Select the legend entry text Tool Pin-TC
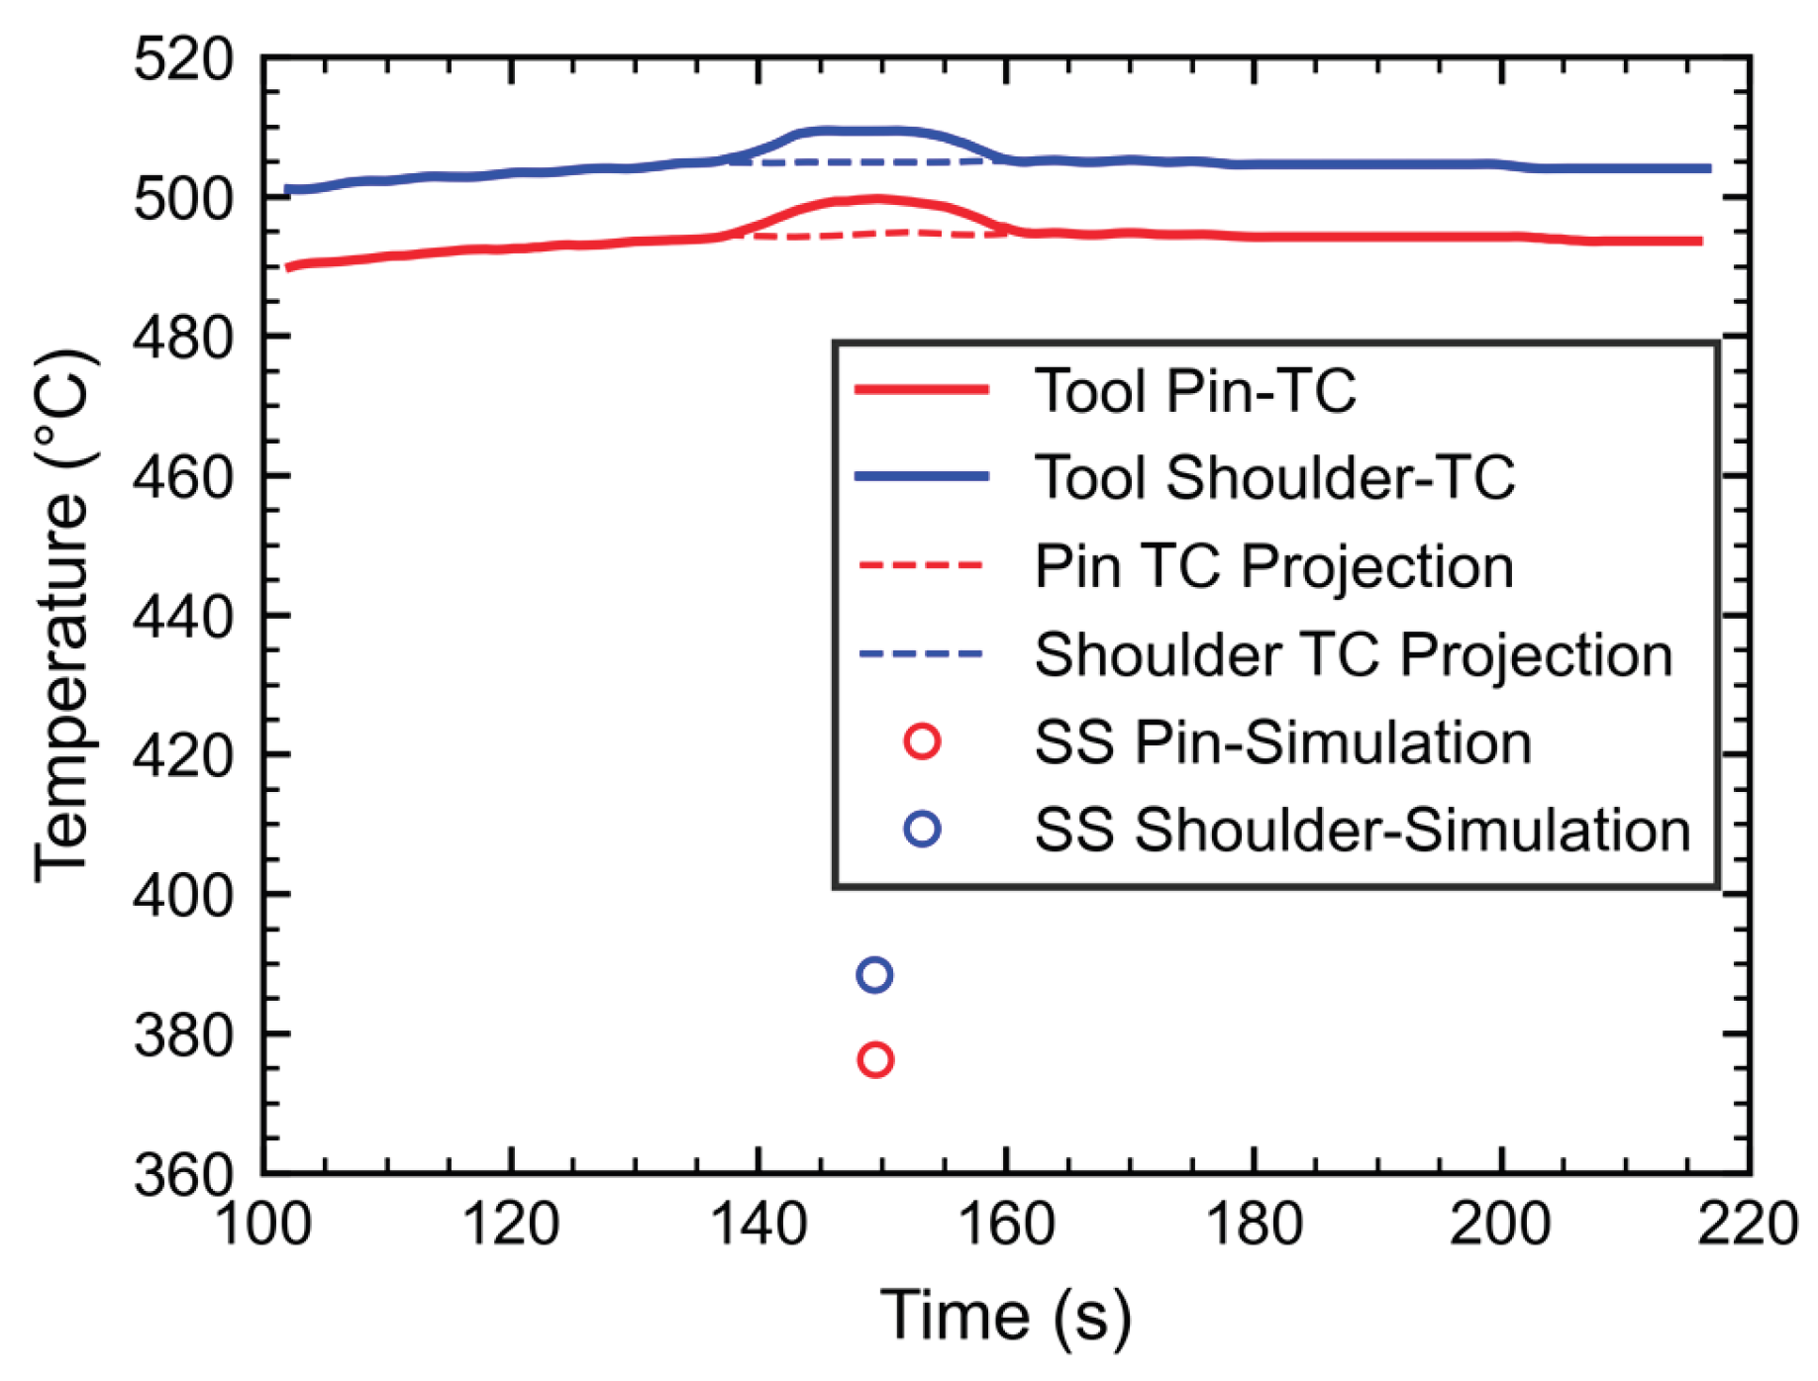pyautogui.click(x=1194, y=390)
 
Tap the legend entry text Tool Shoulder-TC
pyautogui.click(x=1274, y=477)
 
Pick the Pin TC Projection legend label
pyautogui.click(x=1274, y=567)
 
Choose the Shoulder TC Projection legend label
pyautogui.click(x=1354, y=654)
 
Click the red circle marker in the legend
pyautogui.click(x=922, y=740)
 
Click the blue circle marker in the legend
pyautogui.click(x=922, y=829)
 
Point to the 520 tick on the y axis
pyautogui.click(x=184, y=59)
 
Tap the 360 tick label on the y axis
pyautogui.click(x=184, y=1176)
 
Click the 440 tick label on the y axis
pyautogui.click(x=184, y=618)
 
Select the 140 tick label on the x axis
pyautogui.click(x=758, y=1224)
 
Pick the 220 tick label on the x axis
pyautogui.click(x=1749, y=1224)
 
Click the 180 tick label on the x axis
pyautogui.click(x=1255, y=1224)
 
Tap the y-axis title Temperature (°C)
pyautogui.click(x=63, y=615)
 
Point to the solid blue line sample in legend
pyautogui.click(x=922, y=476)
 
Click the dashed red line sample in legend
pyautogui.click(x=922, y=565)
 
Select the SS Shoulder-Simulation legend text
pyautogui.click(x=1363, y=830)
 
